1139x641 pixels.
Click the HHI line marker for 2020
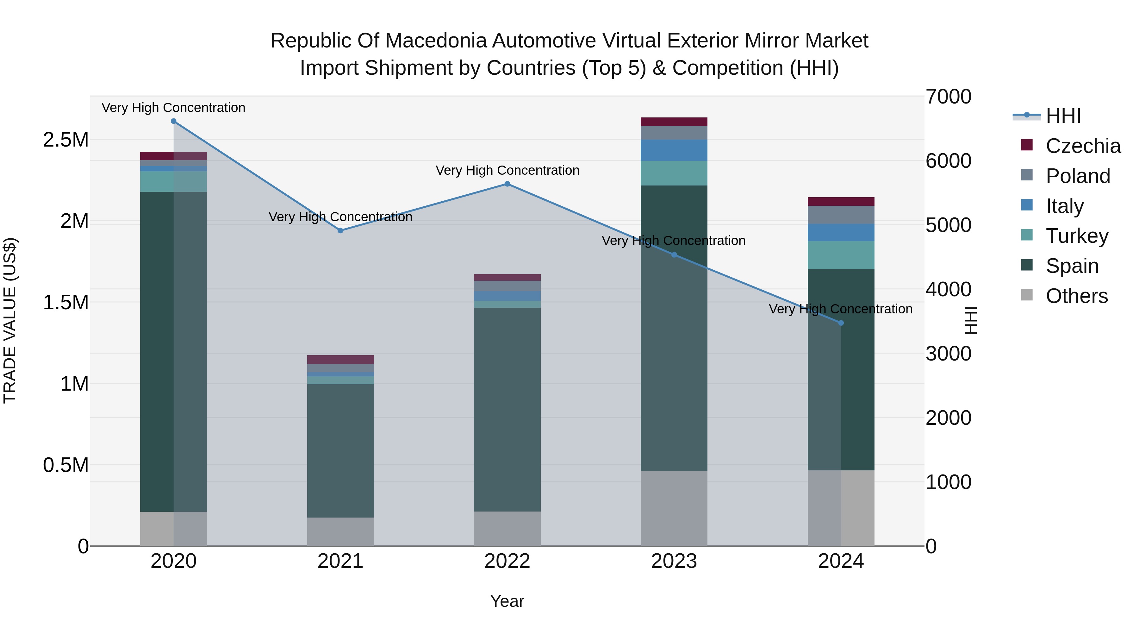coord(173,121)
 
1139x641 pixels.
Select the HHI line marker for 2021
coord(340,230)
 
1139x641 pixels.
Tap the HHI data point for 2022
coord(507,184)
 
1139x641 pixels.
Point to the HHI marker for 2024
coord(841,323)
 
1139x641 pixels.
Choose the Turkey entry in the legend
coord(1077,236)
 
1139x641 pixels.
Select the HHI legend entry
coord(1063,116)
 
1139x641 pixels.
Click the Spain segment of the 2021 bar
coord(340,450)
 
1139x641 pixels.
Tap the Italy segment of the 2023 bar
coord(674,150)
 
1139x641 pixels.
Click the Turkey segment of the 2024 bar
coord(841,255)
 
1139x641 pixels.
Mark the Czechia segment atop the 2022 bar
coord(507,277)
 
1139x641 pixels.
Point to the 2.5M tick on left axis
coord(65,140)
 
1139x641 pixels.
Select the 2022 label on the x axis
coord(507,561)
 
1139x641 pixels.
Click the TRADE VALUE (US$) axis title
coord(10,320)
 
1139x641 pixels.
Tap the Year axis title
coord(507,601)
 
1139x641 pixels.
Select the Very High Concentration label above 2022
coord(507,170)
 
